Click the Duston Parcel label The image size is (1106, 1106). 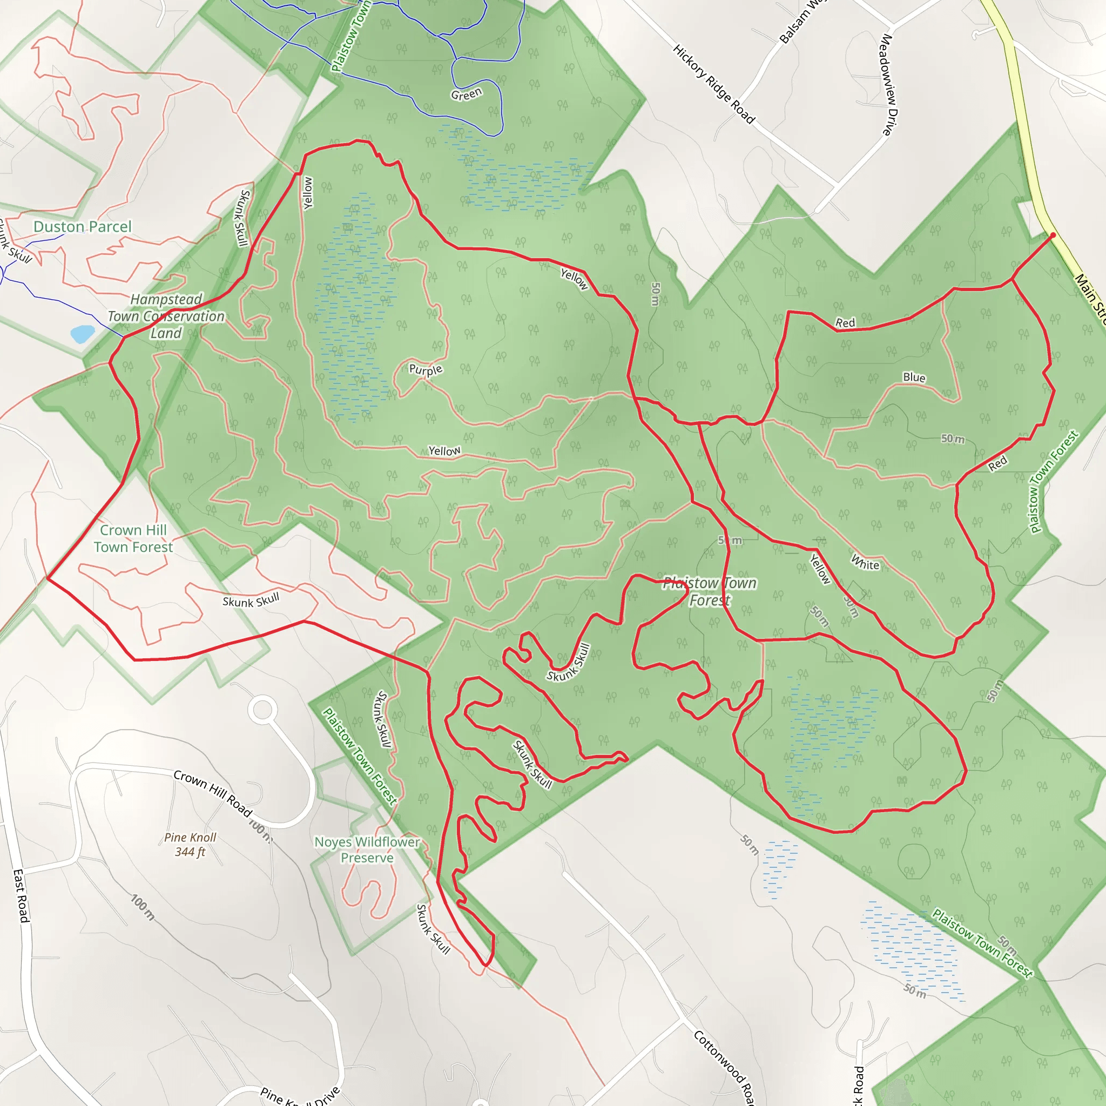[x=83, y=227]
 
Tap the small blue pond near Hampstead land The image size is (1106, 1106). [x=83, y=334]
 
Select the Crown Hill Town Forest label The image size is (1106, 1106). [x=133, y=538]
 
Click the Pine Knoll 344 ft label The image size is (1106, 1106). [x=190, y=845]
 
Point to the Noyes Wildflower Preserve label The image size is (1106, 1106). [x=368, y=849]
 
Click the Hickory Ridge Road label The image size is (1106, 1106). [x=713, y=84]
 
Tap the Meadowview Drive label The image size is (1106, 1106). [x=887, y=85]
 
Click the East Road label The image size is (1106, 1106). [x=21, y=896]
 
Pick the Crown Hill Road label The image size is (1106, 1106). [x=213, y=793]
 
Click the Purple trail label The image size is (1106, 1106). [x=426, y=369]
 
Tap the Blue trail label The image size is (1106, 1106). [x=914, y=377]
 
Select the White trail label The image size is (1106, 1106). [x=865, y=563]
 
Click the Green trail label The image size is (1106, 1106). [x=466, y=94]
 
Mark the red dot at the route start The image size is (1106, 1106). [x=1053, y=235]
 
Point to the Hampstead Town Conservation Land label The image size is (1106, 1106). [x=166, y=316]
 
